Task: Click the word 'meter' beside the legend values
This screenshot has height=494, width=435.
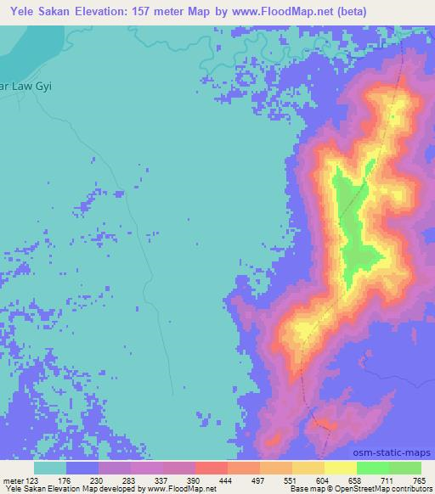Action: coord(14,480)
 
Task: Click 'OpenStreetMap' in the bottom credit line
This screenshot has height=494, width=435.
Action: coord(370,489)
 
